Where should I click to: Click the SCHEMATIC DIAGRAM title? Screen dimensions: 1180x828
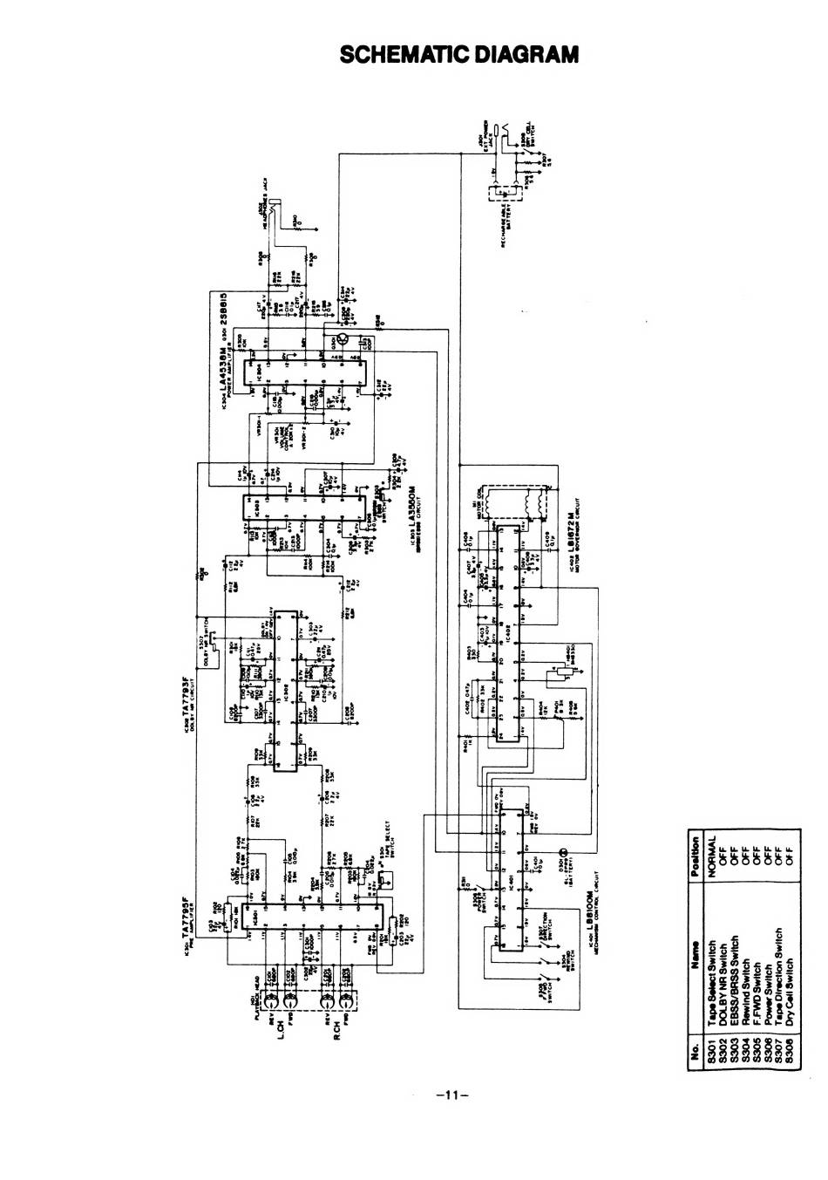pos(458,55)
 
